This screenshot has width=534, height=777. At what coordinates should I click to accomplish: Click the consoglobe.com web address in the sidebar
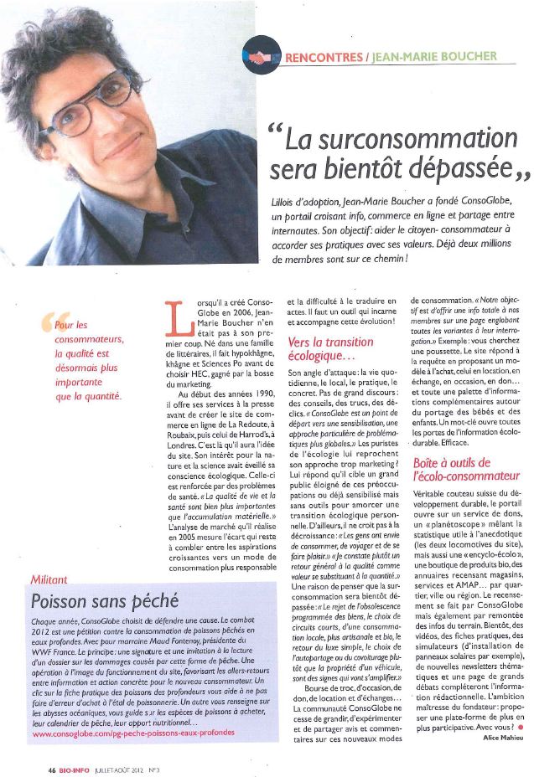[134, 733]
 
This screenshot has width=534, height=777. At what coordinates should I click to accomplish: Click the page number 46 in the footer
[51, 767]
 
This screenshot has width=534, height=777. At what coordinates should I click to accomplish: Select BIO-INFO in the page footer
[75, 767]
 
